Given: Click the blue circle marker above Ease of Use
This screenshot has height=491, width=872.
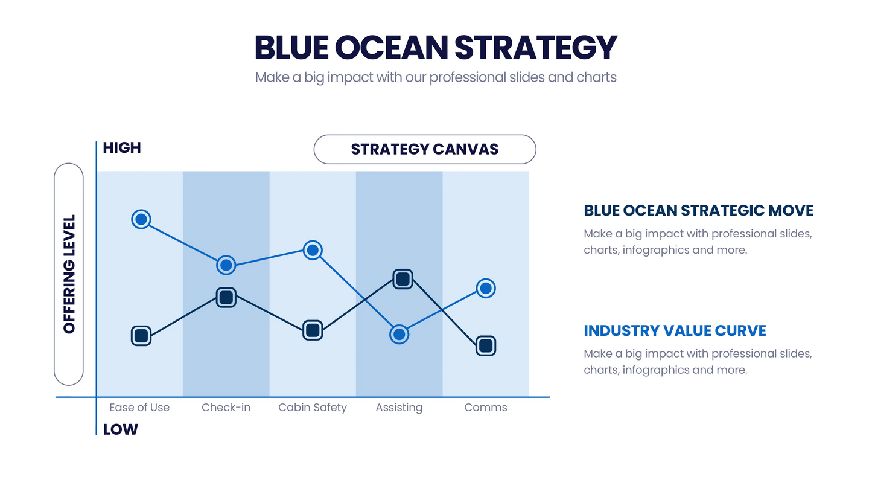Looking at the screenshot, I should pos(141,219).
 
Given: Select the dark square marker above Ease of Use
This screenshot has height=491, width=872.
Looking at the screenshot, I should pos(141,336).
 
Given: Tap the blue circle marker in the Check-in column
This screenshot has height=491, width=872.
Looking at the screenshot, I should pos(226,265).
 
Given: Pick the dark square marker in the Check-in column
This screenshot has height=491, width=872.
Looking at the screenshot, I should pos(226,297).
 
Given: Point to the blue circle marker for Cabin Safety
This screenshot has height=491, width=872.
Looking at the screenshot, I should pos(312,249).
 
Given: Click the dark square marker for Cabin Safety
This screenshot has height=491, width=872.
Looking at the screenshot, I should pos(312,330).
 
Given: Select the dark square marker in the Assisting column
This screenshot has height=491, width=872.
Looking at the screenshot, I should pos(403,278).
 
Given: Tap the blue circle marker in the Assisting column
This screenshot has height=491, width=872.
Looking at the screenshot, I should pos(399,334).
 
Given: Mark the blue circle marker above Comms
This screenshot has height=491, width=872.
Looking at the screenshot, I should pos(486,288).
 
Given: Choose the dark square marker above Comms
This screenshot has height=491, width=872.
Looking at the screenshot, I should pos(486,346).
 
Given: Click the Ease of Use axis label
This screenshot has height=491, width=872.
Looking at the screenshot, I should pos(139,408).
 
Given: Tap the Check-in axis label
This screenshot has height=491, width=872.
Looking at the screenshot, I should pos(226,408).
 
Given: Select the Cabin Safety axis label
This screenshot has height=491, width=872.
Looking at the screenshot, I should pos(313,408).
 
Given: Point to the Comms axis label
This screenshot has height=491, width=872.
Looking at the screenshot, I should pos(486,408).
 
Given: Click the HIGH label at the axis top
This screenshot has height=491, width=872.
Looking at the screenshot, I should pos(121,148).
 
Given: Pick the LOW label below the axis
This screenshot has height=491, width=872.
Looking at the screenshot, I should pos(120,430).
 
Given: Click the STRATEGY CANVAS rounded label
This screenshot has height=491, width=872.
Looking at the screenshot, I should pos(425,149).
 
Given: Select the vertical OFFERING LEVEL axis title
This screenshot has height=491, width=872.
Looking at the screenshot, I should pos(69,274).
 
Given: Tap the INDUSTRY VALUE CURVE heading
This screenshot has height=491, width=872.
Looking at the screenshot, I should pos(675,331).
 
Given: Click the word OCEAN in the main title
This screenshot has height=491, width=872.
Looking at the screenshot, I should pos(391,48).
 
